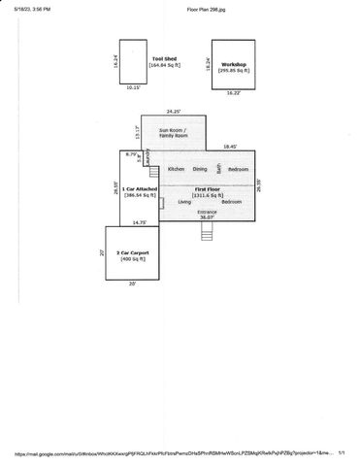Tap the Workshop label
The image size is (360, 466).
pyautogui.click(x=234, y=64)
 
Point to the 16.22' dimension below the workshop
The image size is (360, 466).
pyautogui.click(x=233, y=93)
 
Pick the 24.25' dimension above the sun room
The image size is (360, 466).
pyautogui.click(x=174, y=111)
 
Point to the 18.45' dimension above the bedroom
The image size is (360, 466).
pyautogui.click(x=229, y=147)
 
